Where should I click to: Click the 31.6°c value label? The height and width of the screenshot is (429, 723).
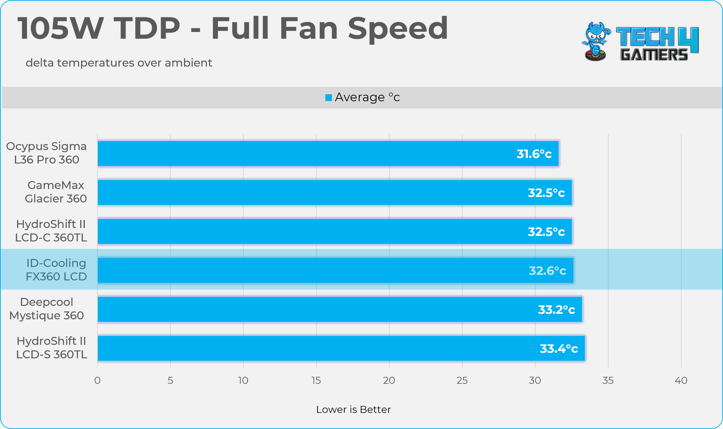click(x=534, y=154)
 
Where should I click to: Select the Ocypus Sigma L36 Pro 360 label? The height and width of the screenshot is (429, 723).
click(x=46, y=153)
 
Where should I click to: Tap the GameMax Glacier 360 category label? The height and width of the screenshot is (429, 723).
click(x=56, y=192)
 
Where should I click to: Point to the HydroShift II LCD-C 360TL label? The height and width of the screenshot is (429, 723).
click(x=51, y=231)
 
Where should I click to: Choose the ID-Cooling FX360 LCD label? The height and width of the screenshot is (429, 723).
click(x=56, y=270)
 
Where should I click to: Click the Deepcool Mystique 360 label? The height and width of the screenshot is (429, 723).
click(x=46, y=309)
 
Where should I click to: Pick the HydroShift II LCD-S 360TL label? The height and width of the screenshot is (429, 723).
click(x=52, y=348)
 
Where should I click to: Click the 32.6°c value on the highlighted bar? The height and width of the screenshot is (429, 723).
click(x=547, y=271)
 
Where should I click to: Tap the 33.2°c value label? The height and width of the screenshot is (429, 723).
click(x=556, y=310)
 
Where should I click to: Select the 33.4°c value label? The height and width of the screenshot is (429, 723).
click(x=559, y=349)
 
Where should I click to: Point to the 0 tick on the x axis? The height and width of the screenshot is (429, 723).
click(x=97, y=380)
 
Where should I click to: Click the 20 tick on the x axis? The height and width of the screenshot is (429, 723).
click(x=389, y=380)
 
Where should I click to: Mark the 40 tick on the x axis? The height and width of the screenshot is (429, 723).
click(x=681, y=380)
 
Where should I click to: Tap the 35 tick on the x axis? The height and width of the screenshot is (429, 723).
click(x=608, y=380)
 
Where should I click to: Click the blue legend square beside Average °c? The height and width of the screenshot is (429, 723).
click(x=328, y=98)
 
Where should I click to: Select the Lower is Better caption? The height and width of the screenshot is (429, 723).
click(x=353, y=409)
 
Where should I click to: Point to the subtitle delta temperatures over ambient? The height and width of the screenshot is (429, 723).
click(x=119, y=63)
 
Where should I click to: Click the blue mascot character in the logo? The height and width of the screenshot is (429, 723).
click(x=596, y=41)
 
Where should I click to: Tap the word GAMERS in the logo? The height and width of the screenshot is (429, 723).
click(x=654, y=55)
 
